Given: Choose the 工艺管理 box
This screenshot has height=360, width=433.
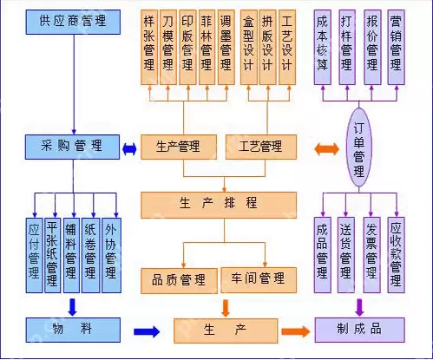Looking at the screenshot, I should [260, 147].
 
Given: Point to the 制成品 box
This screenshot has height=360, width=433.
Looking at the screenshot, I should [360, 329].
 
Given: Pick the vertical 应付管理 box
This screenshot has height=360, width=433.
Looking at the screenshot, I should [34, 253].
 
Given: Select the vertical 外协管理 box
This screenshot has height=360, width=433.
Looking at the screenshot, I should [110, 253].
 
